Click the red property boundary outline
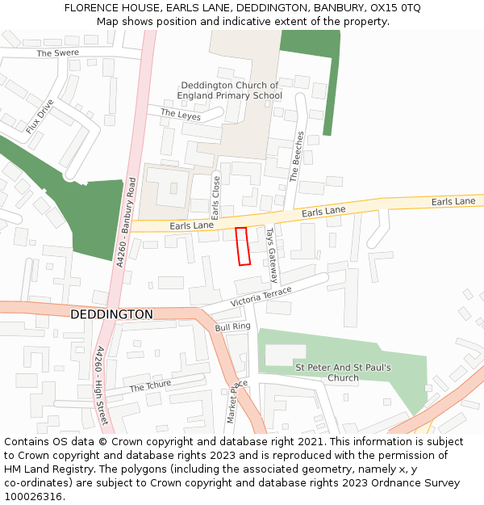coord(242,246)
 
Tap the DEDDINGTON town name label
coord(111,314)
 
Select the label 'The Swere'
coord(57,53)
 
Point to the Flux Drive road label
coord(39,116)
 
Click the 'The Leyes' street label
coord(180,115)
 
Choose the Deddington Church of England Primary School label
coord(230,90)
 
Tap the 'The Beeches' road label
coord(295,157)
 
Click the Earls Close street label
coord(215,198)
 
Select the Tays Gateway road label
coord(272,254)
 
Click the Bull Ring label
coord(233,327)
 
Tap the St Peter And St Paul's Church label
coord(343,372)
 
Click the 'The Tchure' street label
coord(150,388)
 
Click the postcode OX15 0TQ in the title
coord(397,7)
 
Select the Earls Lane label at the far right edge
coord(453,201)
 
